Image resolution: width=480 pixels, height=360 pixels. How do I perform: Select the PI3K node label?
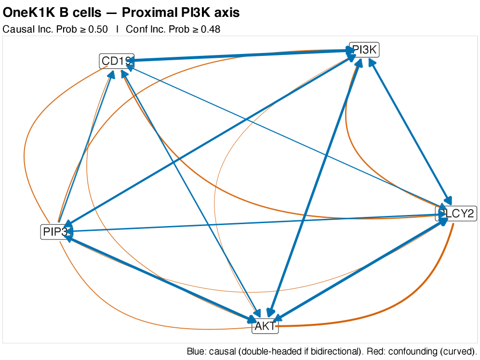364,50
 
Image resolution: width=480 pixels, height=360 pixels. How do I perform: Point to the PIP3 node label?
54,232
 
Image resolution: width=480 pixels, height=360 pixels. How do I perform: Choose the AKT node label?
265,326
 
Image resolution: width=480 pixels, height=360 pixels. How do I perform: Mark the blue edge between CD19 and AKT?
193,193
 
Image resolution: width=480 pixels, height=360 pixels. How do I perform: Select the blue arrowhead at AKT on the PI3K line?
271,314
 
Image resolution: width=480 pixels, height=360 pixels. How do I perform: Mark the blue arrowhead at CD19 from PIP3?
111,74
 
